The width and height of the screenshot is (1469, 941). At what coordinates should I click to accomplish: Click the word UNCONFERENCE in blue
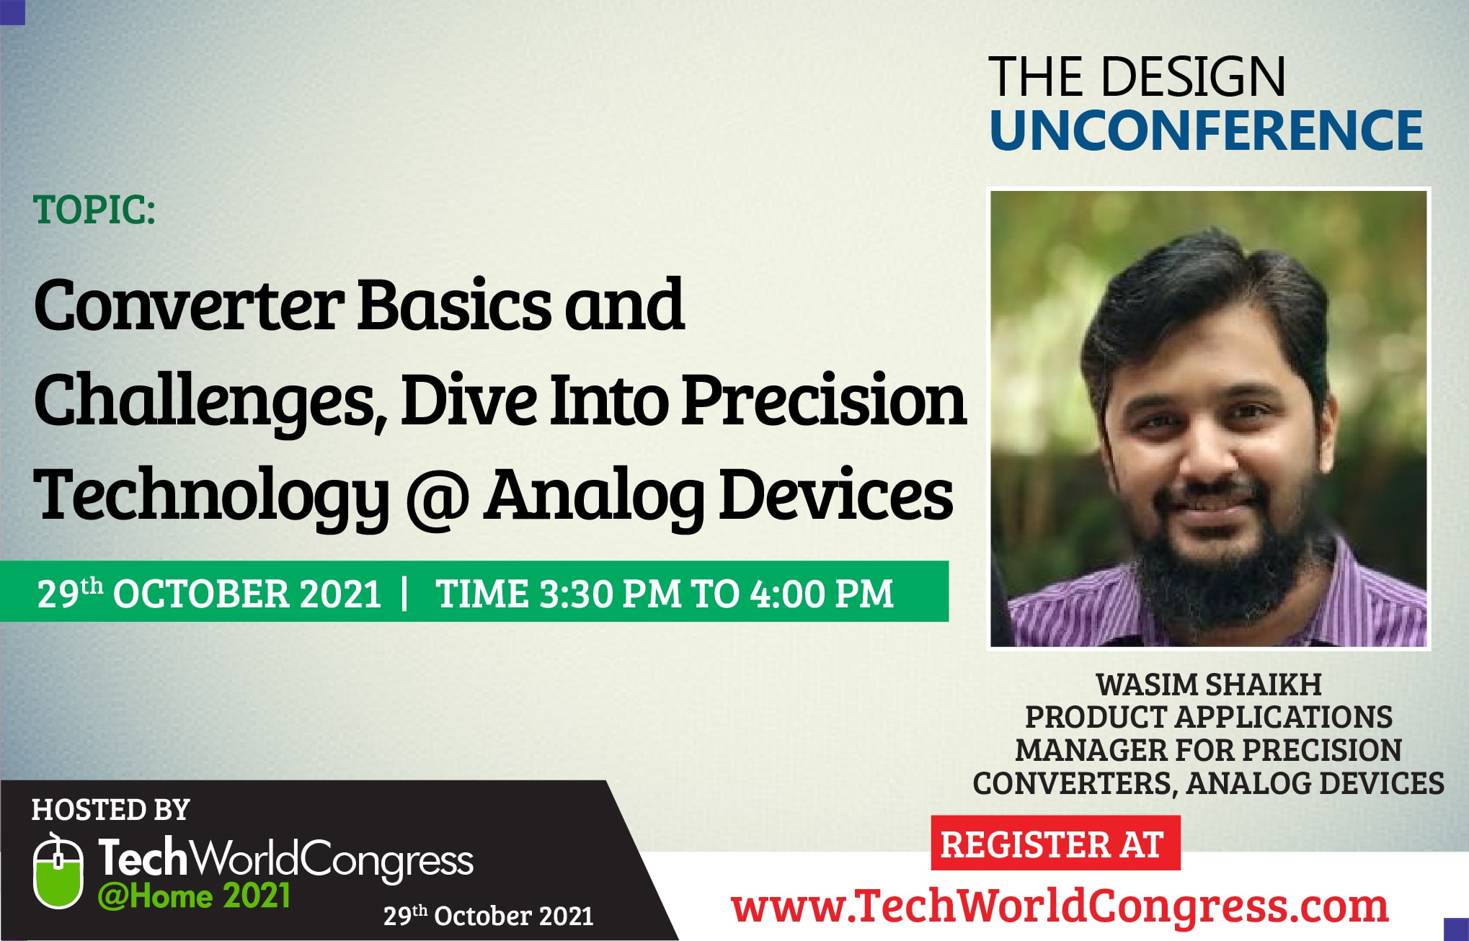(x=1206, y=130)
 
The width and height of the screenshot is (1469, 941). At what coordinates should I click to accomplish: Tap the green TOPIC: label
(x=94, y=210)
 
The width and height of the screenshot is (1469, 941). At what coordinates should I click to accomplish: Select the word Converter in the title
(x=188, y=306)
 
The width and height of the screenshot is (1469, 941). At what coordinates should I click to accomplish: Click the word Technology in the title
(x=211, y=498)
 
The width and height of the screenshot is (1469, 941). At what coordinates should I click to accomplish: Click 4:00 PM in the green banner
(x=822, y=594)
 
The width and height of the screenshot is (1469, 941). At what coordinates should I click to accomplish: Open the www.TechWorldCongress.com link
(x=1060, y=906)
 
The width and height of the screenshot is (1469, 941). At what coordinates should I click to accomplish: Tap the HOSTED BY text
(x=110, y=810)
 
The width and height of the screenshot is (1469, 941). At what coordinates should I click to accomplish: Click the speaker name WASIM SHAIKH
(x=1209, y=684)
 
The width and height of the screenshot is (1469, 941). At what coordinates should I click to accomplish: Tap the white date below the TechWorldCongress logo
(x=488, y=916)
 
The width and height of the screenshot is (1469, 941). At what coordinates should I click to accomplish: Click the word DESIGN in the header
(x=1194, y=77)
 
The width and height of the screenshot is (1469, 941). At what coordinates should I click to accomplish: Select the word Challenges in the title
(x=204, y=402)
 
